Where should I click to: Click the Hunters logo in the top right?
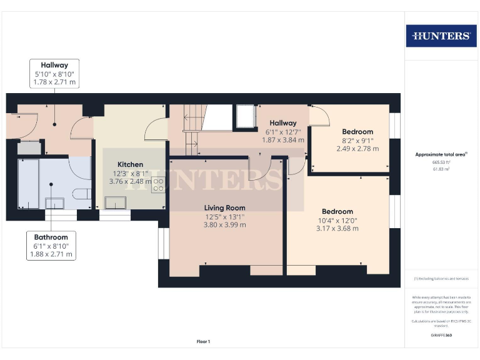(441, 36)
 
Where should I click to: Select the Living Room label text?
(225, 207)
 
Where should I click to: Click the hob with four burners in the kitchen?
(158, 184)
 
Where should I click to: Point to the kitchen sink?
(115, 202)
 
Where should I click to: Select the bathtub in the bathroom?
(28, 183)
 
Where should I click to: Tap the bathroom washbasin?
(54, 202)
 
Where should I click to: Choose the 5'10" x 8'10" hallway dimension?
(54, 74)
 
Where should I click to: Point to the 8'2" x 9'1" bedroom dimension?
(357, 141)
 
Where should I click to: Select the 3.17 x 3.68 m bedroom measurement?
(337, 229)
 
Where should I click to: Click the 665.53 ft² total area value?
(441, 161)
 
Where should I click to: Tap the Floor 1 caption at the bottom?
(203, 341)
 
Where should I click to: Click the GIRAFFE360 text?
(441, 336)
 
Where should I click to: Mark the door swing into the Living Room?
(259, 170)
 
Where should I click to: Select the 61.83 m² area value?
(441, 169)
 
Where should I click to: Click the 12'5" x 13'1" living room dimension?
(225, 217)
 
